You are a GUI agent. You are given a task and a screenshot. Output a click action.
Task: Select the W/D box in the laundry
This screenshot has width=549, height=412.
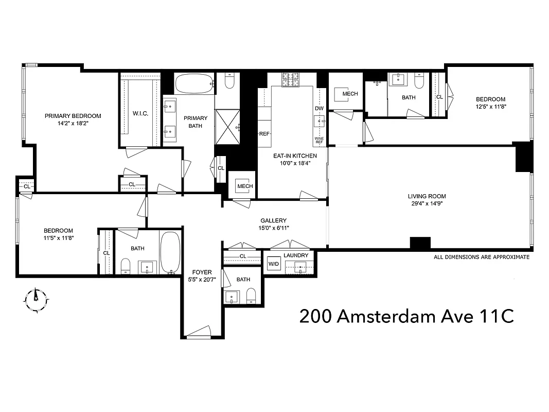pyautogui.click(x=273, y=265)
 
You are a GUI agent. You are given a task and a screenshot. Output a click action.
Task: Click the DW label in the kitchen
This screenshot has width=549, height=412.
pyautogui.click(x=319, y=108)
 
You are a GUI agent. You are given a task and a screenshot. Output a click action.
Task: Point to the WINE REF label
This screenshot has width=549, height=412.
pyautogui.click(x=319, y=141)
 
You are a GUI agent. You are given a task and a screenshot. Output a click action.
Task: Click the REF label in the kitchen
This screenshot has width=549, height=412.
pyautogui.click(x=264, y=134)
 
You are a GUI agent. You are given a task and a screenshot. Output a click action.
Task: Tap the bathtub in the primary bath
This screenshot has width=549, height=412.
pyautogui.click(x=194, y=83)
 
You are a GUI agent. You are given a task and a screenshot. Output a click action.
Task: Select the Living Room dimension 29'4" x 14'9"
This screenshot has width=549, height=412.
pyautogui.click(x=427, y=204)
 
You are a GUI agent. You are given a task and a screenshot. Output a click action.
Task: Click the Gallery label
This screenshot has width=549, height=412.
pyautogui.click(x=273, y=220)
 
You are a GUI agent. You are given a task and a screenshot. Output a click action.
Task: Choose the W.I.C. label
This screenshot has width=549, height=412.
pyautogui.click(x=140, y=113)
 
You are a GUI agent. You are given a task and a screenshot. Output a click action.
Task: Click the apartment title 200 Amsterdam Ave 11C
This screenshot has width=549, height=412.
pyautogui.click(x=406, y=316)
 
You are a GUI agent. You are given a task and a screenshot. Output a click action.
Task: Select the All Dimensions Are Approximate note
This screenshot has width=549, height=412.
pyautogui.click(x=481, y=257)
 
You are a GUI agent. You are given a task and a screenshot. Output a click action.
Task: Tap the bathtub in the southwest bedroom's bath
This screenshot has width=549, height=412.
pyautogui.click(x=169, y=252)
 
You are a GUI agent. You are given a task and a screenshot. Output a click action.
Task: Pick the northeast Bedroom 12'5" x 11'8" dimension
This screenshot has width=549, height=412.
pyautogui.click(x=490, y=107)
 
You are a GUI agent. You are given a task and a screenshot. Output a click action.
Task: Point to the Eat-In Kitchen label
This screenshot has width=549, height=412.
pyautogui.click(x=295, y=156)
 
